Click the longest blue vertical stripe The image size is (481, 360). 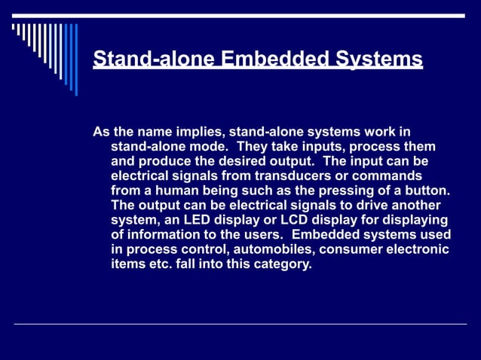75,59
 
